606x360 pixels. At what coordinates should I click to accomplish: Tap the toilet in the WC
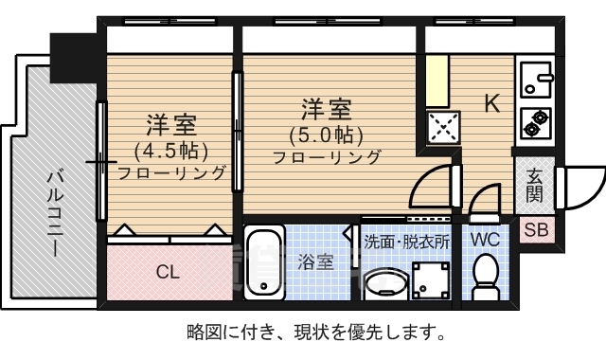pos(486,274)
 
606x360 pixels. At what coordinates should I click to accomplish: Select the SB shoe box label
pos(536,229)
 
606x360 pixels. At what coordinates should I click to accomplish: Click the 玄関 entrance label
pos(535,185)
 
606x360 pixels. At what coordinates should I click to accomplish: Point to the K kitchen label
pos(492,103)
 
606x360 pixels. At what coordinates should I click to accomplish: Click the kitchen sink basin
pos(536,80)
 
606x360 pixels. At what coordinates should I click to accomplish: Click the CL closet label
pos(167,273)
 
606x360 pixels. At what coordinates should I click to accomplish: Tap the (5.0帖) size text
pos(327,134)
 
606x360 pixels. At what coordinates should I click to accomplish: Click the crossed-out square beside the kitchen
pos(440,127)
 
